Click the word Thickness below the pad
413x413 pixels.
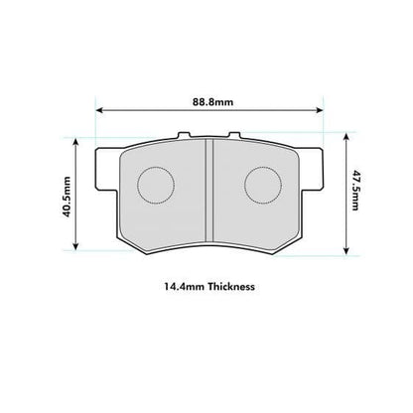pos(230,286)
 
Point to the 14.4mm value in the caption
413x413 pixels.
pos(182,286)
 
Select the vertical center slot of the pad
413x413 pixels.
pos(207,189)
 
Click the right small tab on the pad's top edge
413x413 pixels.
pos(236,137)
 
